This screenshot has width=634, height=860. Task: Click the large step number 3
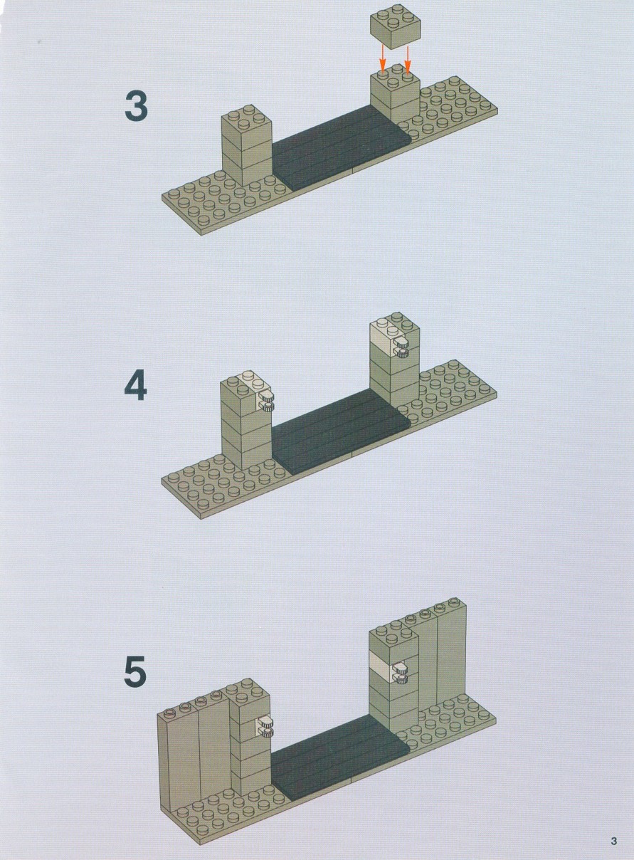coord(136,106)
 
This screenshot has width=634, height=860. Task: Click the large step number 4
coord(135,385)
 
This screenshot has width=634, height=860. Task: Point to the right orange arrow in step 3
coord(408,59)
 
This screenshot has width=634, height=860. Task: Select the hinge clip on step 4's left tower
coord(265,402)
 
